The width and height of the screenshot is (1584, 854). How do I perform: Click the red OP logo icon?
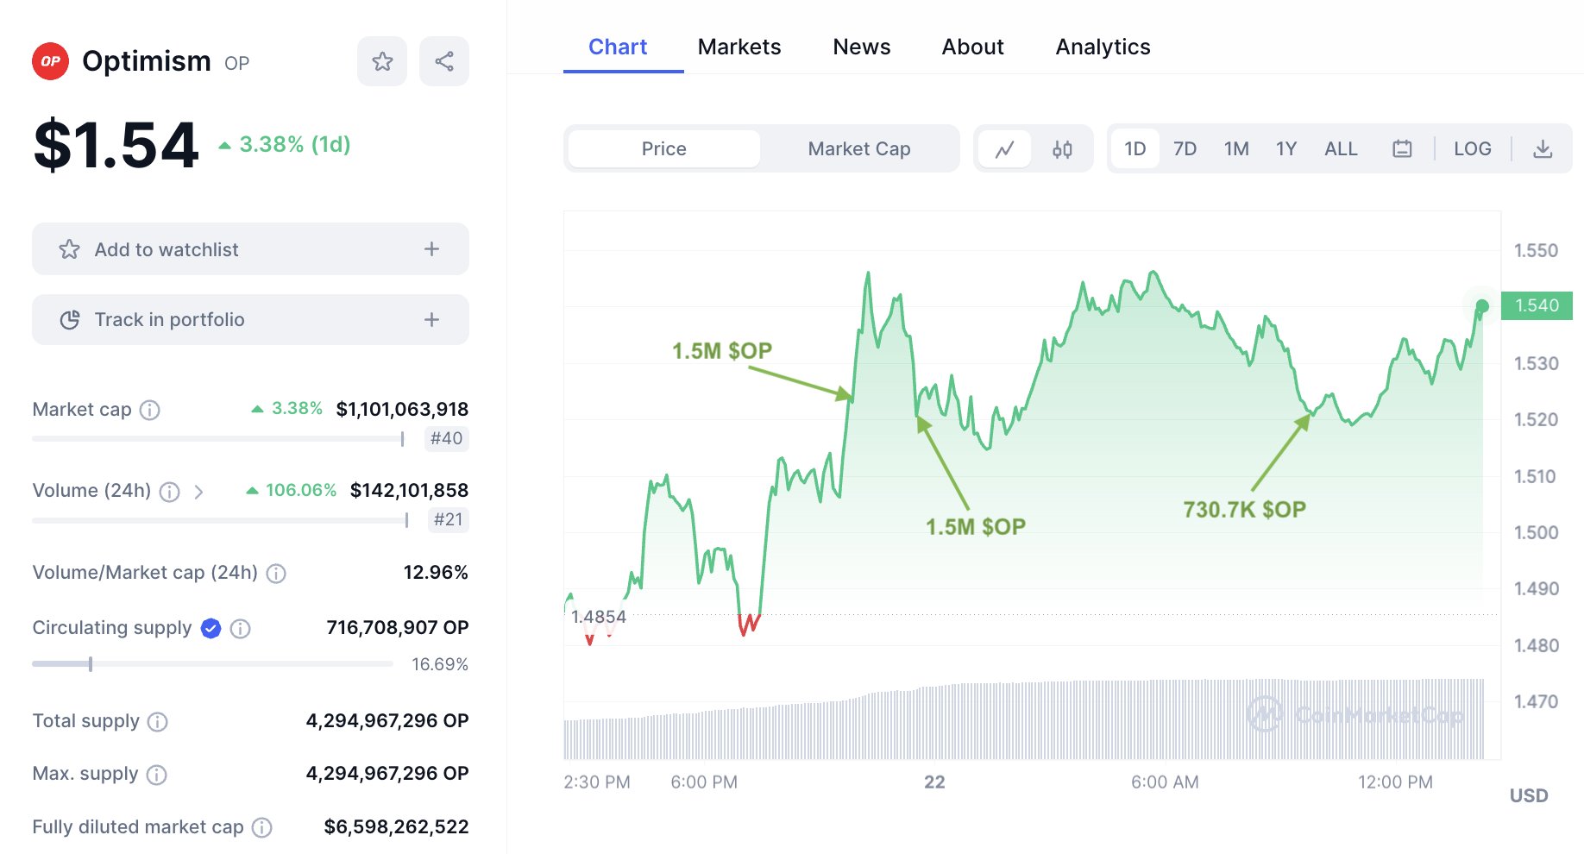[x=50, y=61]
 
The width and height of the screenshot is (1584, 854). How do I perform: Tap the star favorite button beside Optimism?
[x=382, y=61]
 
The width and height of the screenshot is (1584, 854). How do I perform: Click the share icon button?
[x=444, y=61]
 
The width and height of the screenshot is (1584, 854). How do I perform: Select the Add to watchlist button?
[x=250, y=249]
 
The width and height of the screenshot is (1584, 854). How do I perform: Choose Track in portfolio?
[x=250, y=320]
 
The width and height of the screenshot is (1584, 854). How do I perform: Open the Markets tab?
[x=739, y=47]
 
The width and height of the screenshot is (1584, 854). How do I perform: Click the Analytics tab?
[x=1103, y=47]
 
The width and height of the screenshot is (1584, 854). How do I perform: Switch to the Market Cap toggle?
[x=859, y=149]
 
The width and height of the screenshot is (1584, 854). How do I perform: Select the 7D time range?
[x=1185, y=149]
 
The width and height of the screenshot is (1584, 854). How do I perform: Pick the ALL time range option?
[x=1341, y=149]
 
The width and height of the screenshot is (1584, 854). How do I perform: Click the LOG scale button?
[x=1472, y=149]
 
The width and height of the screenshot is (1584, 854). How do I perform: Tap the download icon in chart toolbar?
[x=1543, y=149]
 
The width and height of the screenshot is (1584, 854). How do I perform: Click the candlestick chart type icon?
[x=1062, y=149]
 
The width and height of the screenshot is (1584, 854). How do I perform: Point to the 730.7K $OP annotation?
[x=1244, y=510]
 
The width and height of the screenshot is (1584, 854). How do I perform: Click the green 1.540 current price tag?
[x=1537, y=305]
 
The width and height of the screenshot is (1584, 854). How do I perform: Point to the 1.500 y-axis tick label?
[x=1536, y=532]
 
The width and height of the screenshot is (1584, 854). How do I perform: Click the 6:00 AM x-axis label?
[x=1165, y=782]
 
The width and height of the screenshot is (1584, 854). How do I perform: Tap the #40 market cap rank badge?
[x=447, y=438]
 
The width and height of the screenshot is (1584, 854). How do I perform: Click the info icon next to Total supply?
[x=157, y=722]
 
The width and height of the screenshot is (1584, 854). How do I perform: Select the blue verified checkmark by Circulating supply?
[x=211, y=629]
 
